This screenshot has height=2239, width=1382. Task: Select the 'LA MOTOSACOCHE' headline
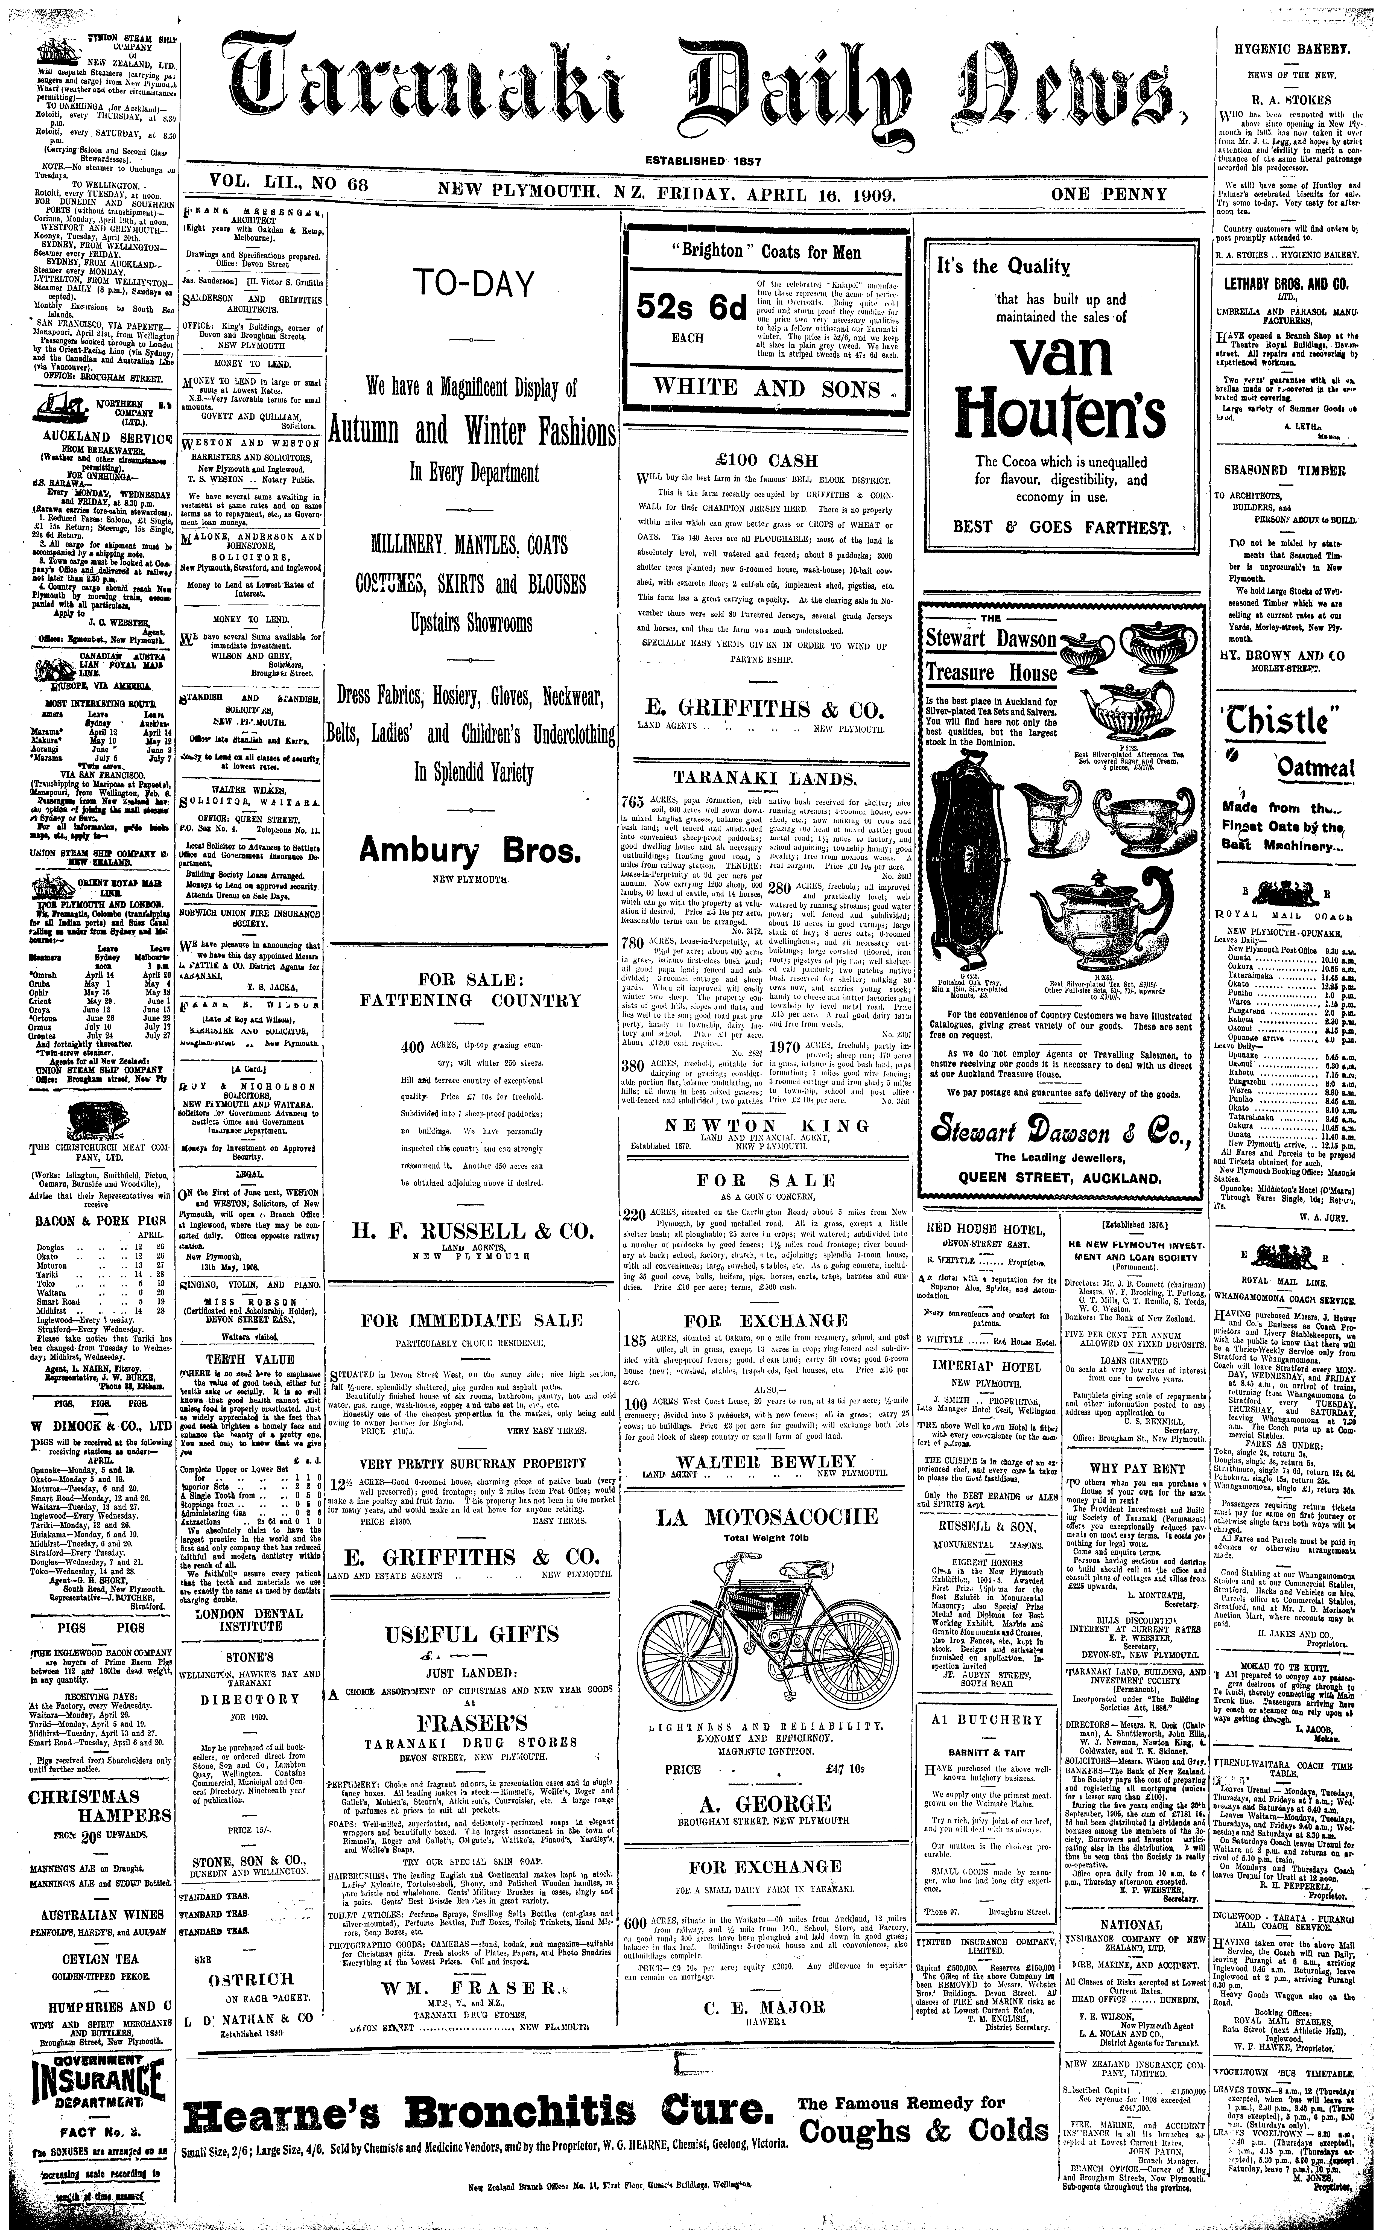click(x=767, y=1518)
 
